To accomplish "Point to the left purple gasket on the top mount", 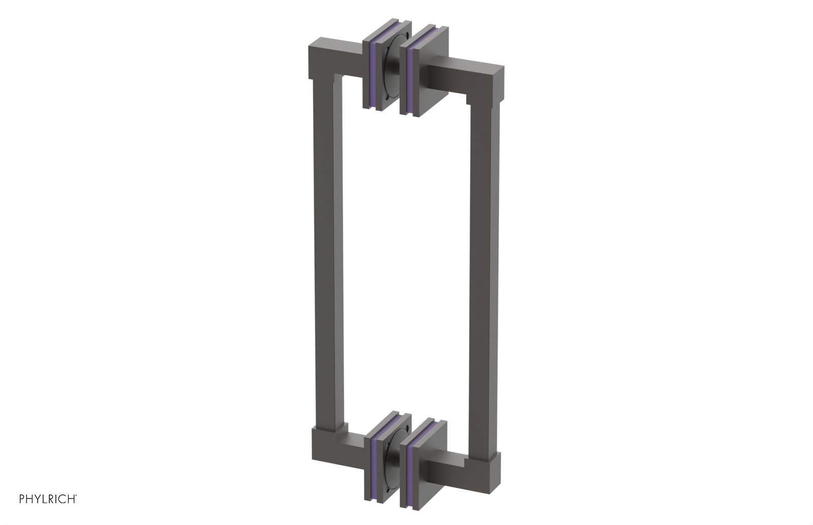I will coord(374,71).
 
